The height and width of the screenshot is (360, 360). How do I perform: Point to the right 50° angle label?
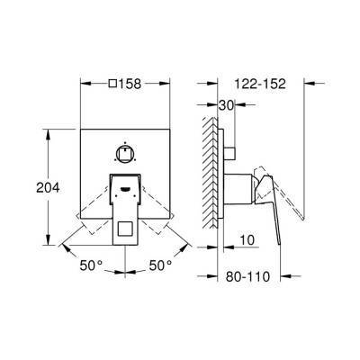pos(160,267)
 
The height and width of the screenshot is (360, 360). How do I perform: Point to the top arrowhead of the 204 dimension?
pos(46,133)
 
